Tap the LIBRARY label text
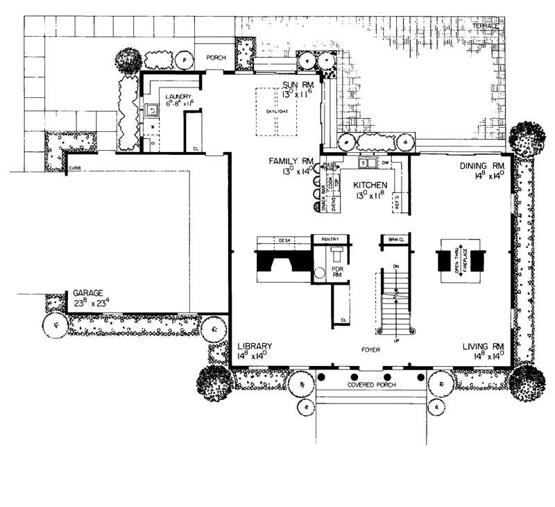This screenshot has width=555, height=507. coord(254,346)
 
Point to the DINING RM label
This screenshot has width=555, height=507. coord(484,167)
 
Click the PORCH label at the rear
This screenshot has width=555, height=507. coord(217,59)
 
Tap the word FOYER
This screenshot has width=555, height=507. coord(371,350)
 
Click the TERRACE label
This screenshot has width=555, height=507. coord(486,26)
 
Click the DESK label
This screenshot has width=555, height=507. coord(284,240)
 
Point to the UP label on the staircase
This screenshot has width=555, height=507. coord(395,340)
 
